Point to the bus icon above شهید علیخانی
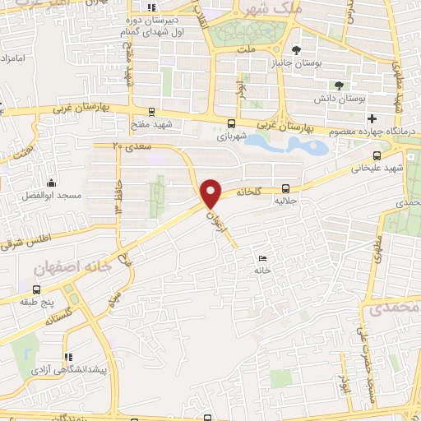pos(377,155)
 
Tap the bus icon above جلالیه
pos(286,187)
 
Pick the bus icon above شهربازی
pos(229,125)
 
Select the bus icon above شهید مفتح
pos(150,112)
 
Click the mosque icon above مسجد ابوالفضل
pos(52,183)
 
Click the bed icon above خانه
pos(262,258)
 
